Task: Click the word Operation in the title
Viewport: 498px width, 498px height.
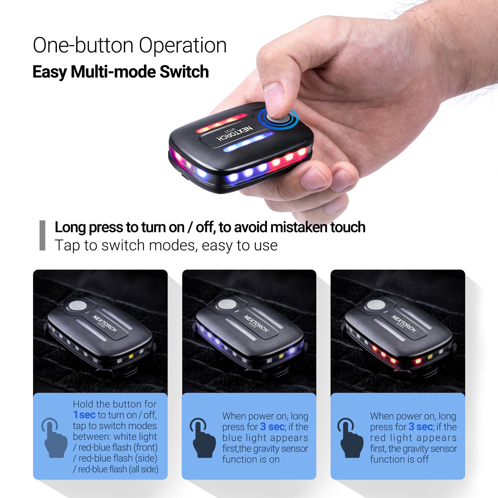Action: pyautogui.click(x=183, y=46)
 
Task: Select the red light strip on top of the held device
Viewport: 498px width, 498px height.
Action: pyautogui.click(x=221, y=122)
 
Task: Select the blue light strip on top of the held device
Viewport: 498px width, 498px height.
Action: pyautogui.click(x=248, y=142)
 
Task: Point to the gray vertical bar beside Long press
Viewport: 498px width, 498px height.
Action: pyautogui.click(x=42, y=235)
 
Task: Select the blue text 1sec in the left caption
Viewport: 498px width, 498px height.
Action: pyautogui.click(x=84, y=415)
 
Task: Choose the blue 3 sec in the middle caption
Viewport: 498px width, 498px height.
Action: pyautogui.click(x=272, y=427)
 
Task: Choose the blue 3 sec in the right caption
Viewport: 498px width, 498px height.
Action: pyautogui.click(x=420, y=427)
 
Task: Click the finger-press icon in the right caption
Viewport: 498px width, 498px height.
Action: pyautogui.click(x=350, y=438)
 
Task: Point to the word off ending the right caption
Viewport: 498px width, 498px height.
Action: pyautogui.click(x=423, y=459)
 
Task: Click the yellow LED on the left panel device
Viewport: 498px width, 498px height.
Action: pyautogui.click(x=131, y=356)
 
